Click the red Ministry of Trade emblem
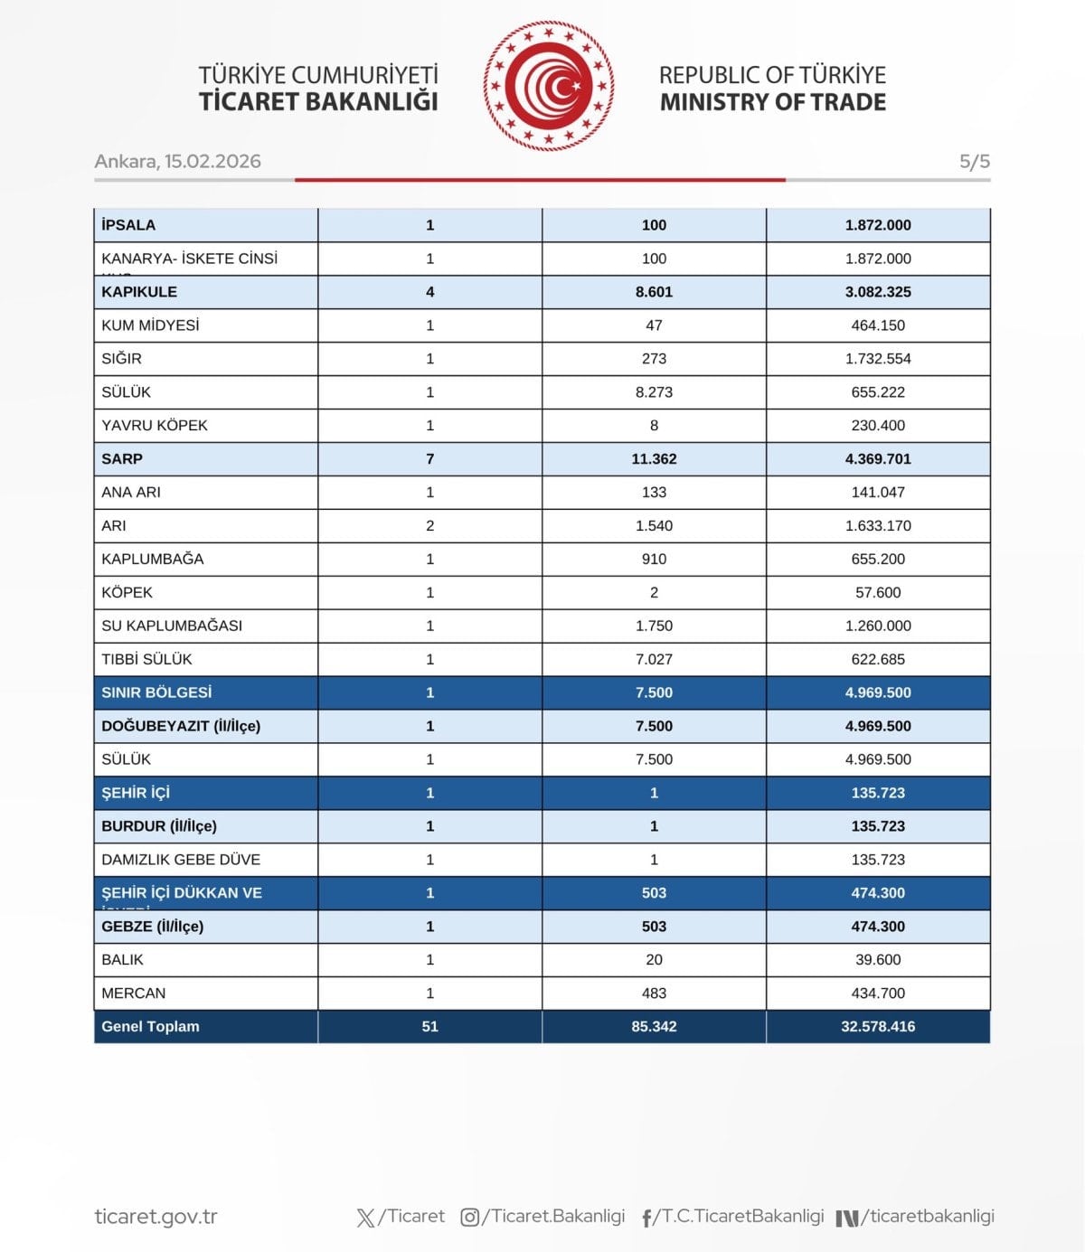(549, 86)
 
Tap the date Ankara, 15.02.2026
(177, 161)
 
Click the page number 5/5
(974, 162)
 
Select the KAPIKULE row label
(139, 292)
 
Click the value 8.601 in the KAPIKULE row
(654, 292)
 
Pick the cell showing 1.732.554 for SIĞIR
(878, 359)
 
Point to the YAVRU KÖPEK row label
(155, 426)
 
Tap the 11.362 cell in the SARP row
(654, 459)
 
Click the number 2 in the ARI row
(430, 526)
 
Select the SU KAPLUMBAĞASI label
(172, 626)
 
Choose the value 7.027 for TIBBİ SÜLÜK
(654, 660)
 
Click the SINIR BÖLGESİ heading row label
(156, 692)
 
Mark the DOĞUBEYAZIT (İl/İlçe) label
(181, 726)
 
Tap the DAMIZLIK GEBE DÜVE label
(181, 860)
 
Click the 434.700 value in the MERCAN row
(878, 993)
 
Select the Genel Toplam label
(150, 1027)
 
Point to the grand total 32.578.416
(878, 1027)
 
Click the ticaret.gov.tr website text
(156, 1217)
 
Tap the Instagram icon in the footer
(470, 1218)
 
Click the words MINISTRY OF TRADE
(773, 102)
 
